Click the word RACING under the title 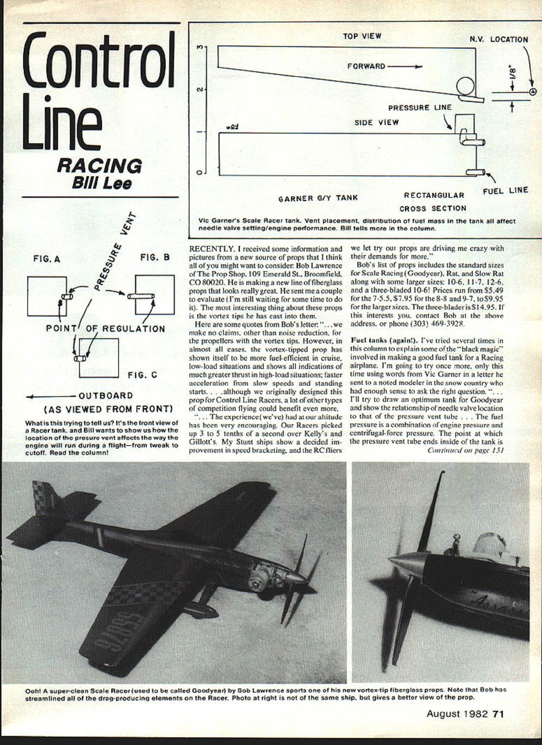pos(99,166)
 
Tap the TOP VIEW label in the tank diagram pos(362,36)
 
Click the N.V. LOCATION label pos(498,39)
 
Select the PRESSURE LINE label pos(420,107)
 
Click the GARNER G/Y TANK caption pos(318,198)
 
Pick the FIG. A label pos(47,259)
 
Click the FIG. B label pos(155,257)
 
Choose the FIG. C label pos(142,375)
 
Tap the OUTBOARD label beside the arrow pos(106,396)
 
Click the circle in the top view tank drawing pos(464,87)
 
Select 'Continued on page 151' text pos(465,449)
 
